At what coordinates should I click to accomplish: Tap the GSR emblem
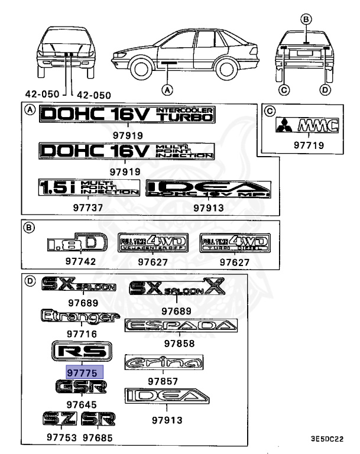(x=82, y=387)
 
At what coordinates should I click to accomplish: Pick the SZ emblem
(x=60, y=420)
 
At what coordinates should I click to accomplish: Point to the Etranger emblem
(x=77, y=317)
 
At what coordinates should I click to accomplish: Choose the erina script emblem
(x=164, y=362)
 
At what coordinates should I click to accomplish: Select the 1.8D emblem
(x=76, y=243)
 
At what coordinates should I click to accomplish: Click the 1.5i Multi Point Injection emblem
(x=89, y=188)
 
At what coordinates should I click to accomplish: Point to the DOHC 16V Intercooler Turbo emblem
(x=126, y=115)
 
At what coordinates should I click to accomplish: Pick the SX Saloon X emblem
(x=177, y=289)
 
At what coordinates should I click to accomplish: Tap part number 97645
(x=81, y=404)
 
